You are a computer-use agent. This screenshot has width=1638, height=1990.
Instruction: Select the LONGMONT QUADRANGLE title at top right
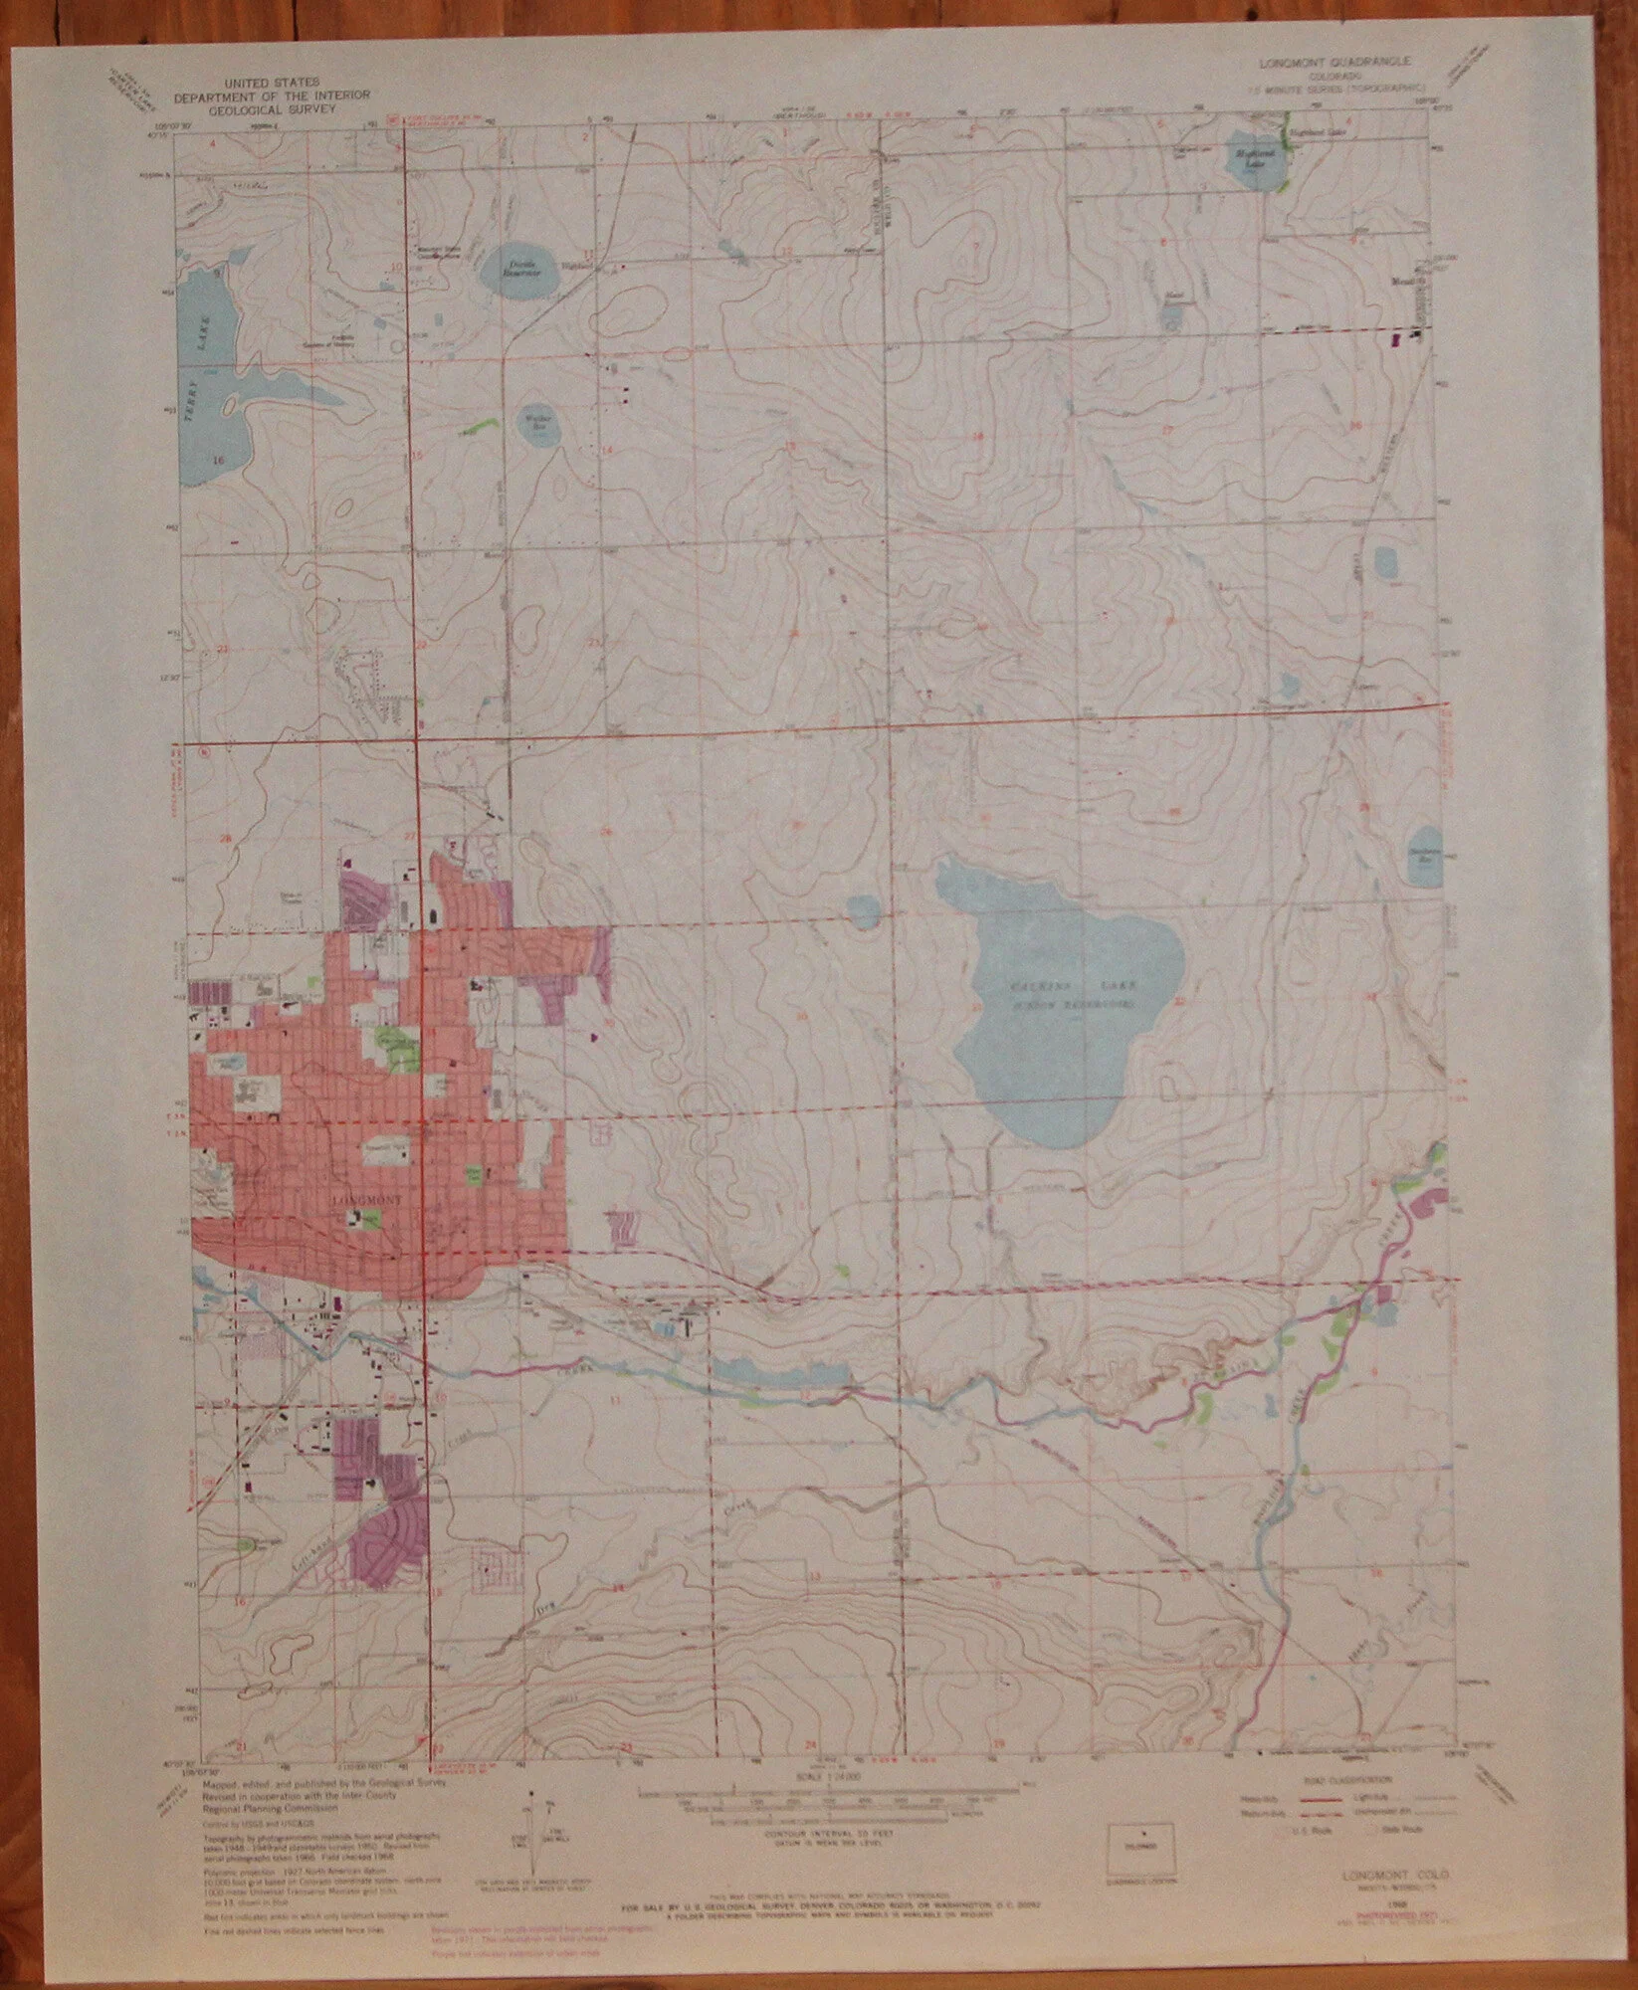click(1338, 62)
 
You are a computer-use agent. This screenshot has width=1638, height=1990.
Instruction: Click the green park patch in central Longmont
click(396, 1045)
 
